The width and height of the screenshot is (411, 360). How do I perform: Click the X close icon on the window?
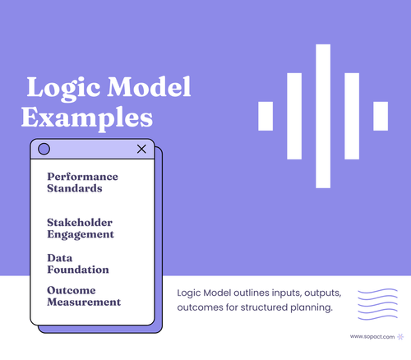(141, 149)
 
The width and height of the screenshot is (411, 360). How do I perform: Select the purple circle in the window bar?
(44, 149)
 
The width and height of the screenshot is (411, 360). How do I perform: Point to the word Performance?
(82, 177)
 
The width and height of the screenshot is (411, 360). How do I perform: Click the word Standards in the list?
(75, 188)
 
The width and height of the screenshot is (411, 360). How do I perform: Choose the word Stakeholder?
(80, 223)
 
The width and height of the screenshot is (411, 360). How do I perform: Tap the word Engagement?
(81, 234)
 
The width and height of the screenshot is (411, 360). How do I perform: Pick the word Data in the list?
(60, 257)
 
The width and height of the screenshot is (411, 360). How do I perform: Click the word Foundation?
(78, 269)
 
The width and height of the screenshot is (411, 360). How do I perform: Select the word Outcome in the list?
(72, 290)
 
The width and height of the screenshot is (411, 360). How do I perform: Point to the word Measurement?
(84, 302)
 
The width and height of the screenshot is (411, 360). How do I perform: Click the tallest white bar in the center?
(323, 116)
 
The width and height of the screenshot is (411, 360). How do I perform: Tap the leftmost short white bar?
(266, 116)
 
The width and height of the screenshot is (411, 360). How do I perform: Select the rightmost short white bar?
(381, 116)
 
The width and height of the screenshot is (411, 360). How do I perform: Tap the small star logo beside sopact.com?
(399, 336)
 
